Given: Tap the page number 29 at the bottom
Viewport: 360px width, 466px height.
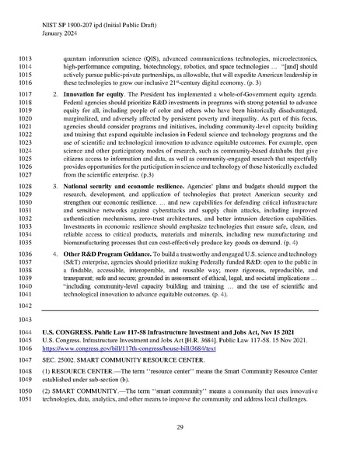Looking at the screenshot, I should [180, 428].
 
